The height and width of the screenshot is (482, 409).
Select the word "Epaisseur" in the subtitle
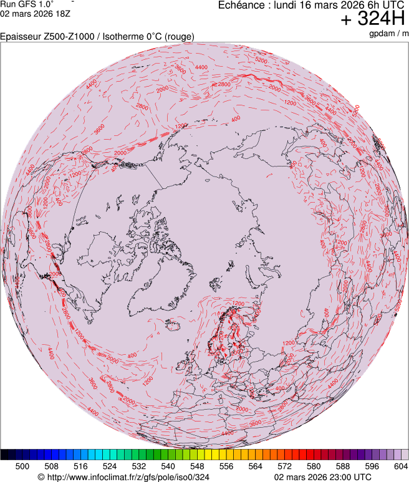22,37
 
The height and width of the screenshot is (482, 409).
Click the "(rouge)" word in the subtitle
178,37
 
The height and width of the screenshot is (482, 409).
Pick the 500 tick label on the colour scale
22,466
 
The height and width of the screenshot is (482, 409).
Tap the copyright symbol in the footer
41,477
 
